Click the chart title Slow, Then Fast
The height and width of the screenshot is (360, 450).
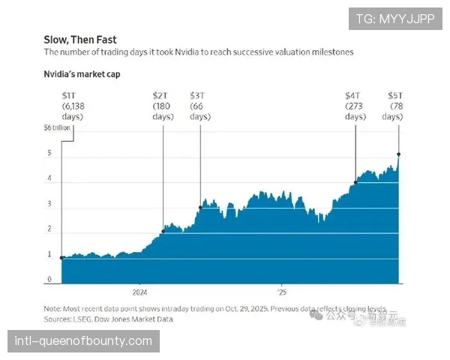pyautogui.click(x=80, y=39)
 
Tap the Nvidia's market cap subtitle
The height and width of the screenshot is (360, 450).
pyautogui.click(x=82, y=74)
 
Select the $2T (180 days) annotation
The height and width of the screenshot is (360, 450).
pyautogui.click(x=163, y=106)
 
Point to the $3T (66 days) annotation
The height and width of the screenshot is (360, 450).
pyautogui.click(x=200, y=106)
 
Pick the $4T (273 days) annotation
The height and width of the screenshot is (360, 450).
pyautogui.click(x=355, y=106)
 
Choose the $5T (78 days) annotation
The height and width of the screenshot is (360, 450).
pyautogui.click(x=397, y=106)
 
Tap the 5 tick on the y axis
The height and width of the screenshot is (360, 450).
pyautogui.click(x=49, y=154)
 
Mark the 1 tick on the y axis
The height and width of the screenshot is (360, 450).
pyautogui.click(x=49, y=255)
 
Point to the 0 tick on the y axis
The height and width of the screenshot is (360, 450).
pyautogui.click(x=49, y=280)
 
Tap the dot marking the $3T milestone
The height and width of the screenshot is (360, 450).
pyautogui.click(x=200, y=207)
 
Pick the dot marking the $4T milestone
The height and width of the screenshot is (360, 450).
pyautogui.click(x=355, y=181)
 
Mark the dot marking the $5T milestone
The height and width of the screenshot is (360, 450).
pyautogui.click(x=398, y=154)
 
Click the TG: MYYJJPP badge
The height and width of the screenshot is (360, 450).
pyautogui.click(x=394, y=18)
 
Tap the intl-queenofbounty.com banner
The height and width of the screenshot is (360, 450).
pyautogui.click(x=83, y=341)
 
